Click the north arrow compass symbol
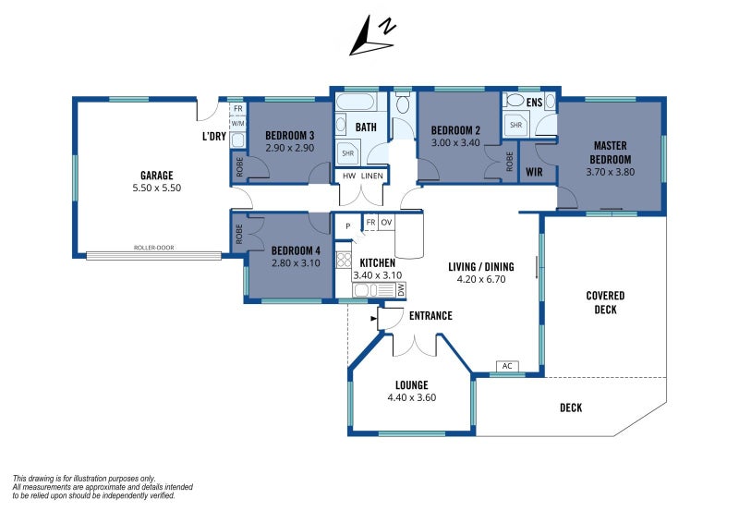(372, 36)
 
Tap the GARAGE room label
(156, 176)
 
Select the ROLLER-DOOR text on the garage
(153, 248)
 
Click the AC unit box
(507, 366)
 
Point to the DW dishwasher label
(401, 289)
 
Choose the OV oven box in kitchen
(386, 222)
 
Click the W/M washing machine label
(238, 124)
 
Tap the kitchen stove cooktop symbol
(344, 260)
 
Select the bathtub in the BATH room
(356, 102)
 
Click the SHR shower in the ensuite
(516, 125)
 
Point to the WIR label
(534, 172)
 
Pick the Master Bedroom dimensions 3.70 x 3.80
(611, 172)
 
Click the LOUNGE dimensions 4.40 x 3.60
(411, 397)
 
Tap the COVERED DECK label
(605, 303)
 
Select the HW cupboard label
(349, 176)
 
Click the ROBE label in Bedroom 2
(510, 162)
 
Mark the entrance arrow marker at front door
(374, 319)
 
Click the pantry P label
(348, 226)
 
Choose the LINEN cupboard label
(372, 176)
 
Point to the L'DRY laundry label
(214, 136)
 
